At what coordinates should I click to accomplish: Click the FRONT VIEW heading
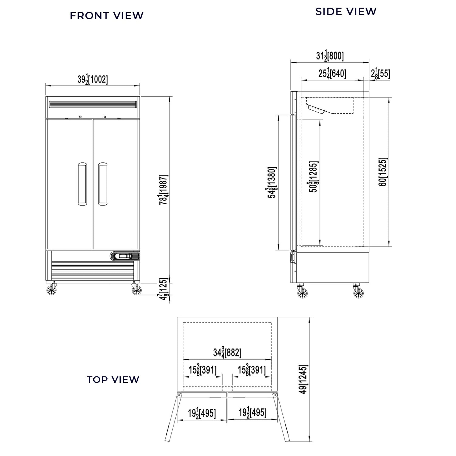point(107,16)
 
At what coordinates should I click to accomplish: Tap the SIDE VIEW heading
point(346,11)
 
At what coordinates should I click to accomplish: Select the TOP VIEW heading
point(113,379)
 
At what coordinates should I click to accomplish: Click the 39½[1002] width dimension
point(93,80)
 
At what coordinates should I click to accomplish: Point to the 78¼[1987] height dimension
point(164,189)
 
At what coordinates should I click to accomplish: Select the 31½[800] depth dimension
point(330,56)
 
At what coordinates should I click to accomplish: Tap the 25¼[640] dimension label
point(332,74)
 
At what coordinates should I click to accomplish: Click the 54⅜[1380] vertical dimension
point(272,182)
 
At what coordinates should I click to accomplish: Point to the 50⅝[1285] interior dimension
point(313,177)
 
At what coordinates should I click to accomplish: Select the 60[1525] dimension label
point(383,172)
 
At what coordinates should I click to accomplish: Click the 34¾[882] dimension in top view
point(227,353)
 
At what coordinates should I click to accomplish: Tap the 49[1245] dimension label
point(303,379)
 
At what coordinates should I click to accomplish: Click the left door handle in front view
point(82,184)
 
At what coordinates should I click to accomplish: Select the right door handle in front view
point(103,184)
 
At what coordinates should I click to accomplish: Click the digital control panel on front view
point(125,256)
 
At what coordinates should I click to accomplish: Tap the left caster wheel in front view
point(52,291)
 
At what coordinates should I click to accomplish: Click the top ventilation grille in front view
point(92,104)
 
